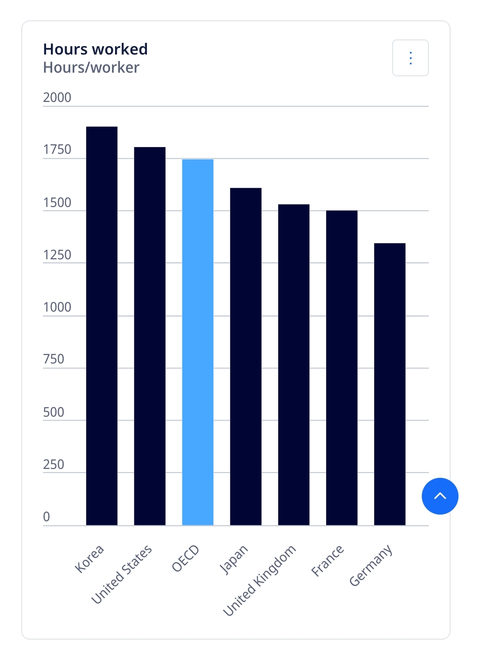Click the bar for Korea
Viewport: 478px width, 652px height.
[x=102, y=326]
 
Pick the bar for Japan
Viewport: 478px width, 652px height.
[x=246, y=356]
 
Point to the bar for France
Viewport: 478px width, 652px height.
[x=342, y=368]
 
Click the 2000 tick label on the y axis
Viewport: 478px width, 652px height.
[x=57, y=98]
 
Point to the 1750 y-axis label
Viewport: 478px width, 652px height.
[x=57, y=150]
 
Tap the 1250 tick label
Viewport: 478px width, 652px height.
[x=57, y=255]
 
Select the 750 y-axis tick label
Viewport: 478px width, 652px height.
[x=54, y=359]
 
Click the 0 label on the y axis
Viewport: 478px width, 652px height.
[x=46, y=516]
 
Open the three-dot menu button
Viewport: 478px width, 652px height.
[x=410, y=58]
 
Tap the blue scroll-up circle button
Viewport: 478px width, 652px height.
[x=440, y=496]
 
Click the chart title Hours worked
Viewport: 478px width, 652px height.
[x=96, y=49]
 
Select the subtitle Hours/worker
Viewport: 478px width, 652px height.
[x=91, y=67]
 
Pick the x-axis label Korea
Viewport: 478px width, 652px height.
[x=90, y=559]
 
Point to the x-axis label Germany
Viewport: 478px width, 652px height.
[x=371, y=566]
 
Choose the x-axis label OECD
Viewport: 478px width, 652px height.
[x=186, y=558]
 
